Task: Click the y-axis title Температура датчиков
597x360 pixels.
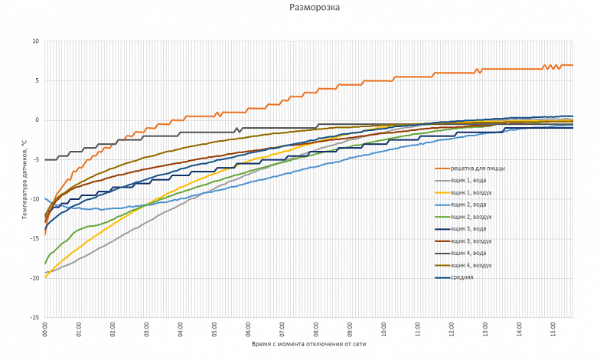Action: pos(24,179)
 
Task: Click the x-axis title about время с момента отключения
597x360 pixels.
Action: pos(309,345)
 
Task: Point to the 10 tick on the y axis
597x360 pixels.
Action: pos(35,41)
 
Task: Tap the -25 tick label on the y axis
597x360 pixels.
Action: pos(34,317)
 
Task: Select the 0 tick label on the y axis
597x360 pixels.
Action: pos(37,120)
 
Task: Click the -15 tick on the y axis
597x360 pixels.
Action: pos(34,238)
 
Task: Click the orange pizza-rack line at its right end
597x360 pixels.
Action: pos(572,65)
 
